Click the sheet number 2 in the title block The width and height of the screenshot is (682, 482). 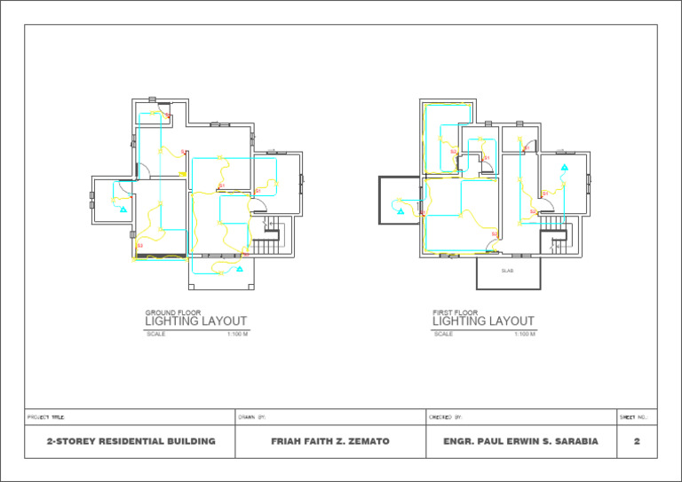(x=637, y=441)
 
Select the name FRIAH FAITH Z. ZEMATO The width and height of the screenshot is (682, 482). (x=329, y=441)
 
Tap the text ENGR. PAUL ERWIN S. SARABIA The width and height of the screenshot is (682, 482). (x=520, y=441)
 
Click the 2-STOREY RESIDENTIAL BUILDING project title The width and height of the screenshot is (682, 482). (x=131, y=441)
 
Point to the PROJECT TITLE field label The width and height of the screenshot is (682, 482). (x=45, y=416)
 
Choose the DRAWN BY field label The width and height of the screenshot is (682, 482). (x=253, y=416)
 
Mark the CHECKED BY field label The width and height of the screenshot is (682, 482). (x=446, y=416)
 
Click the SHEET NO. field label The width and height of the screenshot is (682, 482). (x=633, y=416)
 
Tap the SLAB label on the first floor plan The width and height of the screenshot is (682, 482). (x=507, y=271)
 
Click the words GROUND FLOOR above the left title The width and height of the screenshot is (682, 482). (x=173, y=312)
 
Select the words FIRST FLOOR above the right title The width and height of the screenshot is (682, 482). (x=455, y=312)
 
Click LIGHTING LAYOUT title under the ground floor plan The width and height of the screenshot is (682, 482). (x=196, y=321)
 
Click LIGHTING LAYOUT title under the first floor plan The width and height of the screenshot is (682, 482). (x=483, y=321)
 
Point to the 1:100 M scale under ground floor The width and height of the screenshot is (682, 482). (x=237, y=335)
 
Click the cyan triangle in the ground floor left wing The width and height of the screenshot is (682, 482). (x=123, y=209)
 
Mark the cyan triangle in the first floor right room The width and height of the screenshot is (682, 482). (x=563, y=167)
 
